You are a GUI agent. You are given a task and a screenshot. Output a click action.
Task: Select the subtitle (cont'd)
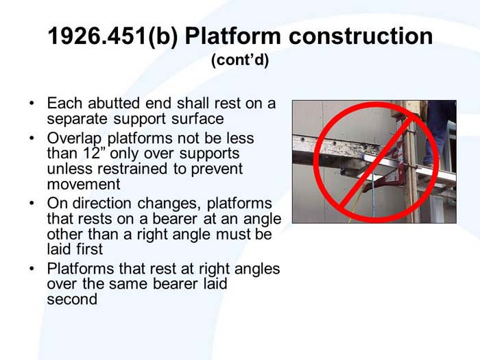click(240, 60)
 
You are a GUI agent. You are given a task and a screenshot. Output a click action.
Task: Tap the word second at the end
click(71, 300)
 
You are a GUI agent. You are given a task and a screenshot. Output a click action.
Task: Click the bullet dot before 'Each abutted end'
click(32, 104)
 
